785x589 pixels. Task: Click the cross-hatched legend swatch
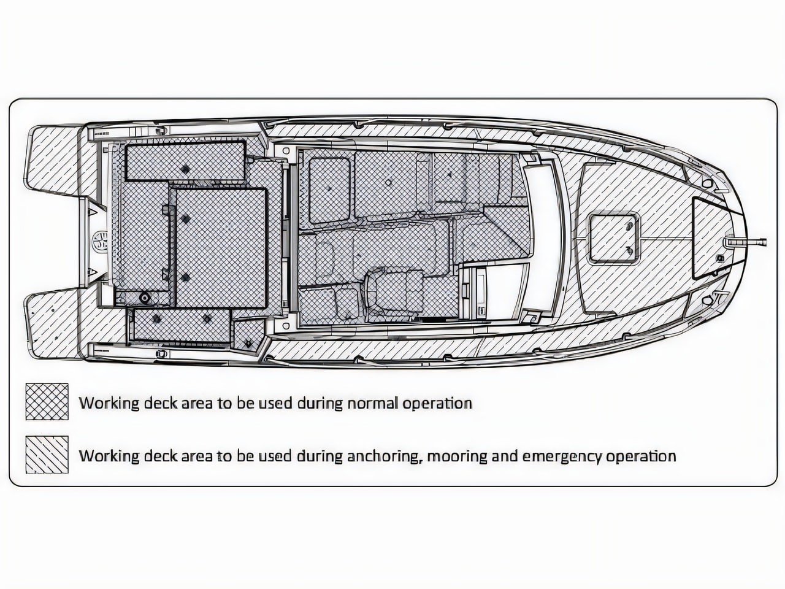pos(47,401)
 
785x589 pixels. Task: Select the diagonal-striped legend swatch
pos(47,454)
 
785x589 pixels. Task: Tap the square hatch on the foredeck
pos(613,238)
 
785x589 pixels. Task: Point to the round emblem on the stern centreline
pos(99,240)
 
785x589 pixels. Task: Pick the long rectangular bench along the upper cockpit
pos(185,161)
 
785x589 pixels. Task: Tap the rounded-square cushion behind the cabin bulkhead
pos(329,191)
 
